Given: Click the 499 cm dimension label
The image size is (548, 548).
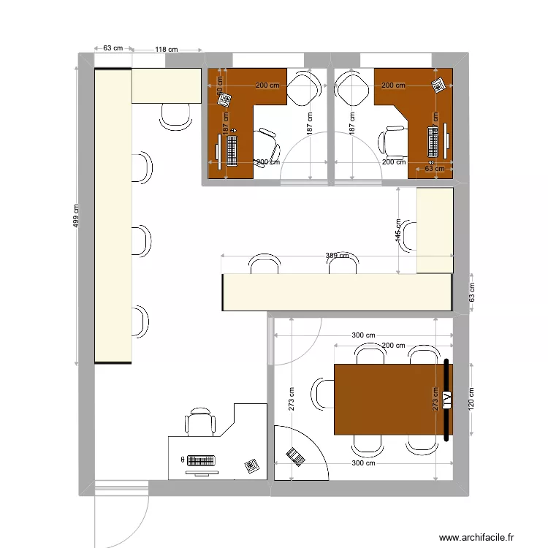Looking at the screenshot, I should click(x=77, y=216).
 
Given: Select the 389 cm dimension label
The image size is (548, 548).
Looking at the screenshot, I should click(x=337, y=256).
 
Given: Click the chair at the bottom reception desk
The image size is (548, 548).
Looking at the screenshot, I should click(x=201, y=422).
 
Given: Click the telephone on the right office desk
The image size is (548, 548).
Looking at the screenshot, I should click(x=438, y=85).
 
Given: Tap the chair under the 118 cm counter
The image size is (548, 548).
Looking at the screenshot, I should click(x=175, y=116).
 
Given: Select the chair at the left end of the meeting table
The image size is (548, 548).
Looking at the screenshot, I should click(x=322, y=393).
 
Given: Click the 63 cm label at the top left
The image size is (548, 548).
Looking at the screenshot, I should click(x=112, y=48).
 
